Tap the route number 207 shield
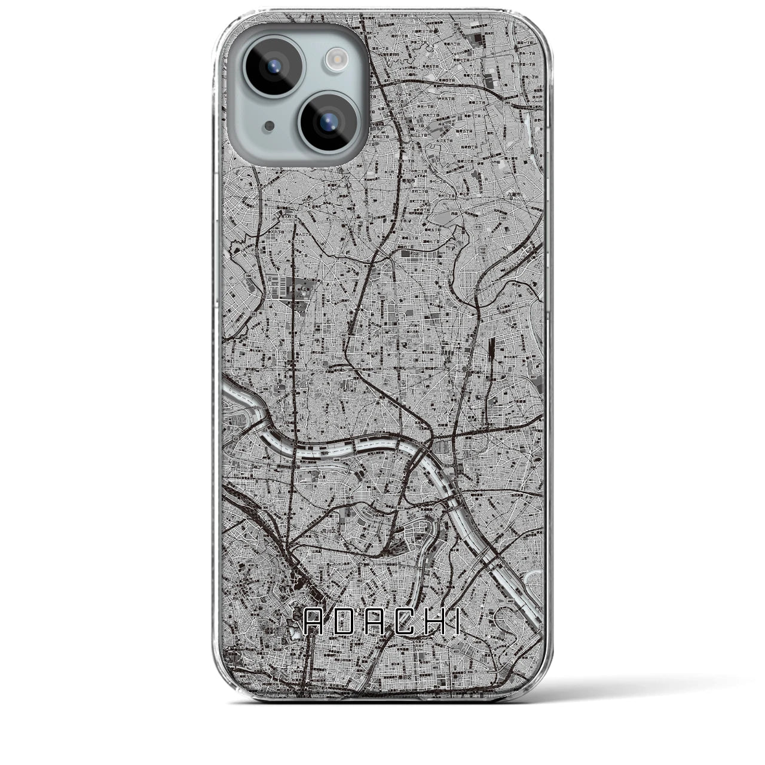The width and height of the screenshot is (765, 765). (534, 378)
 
